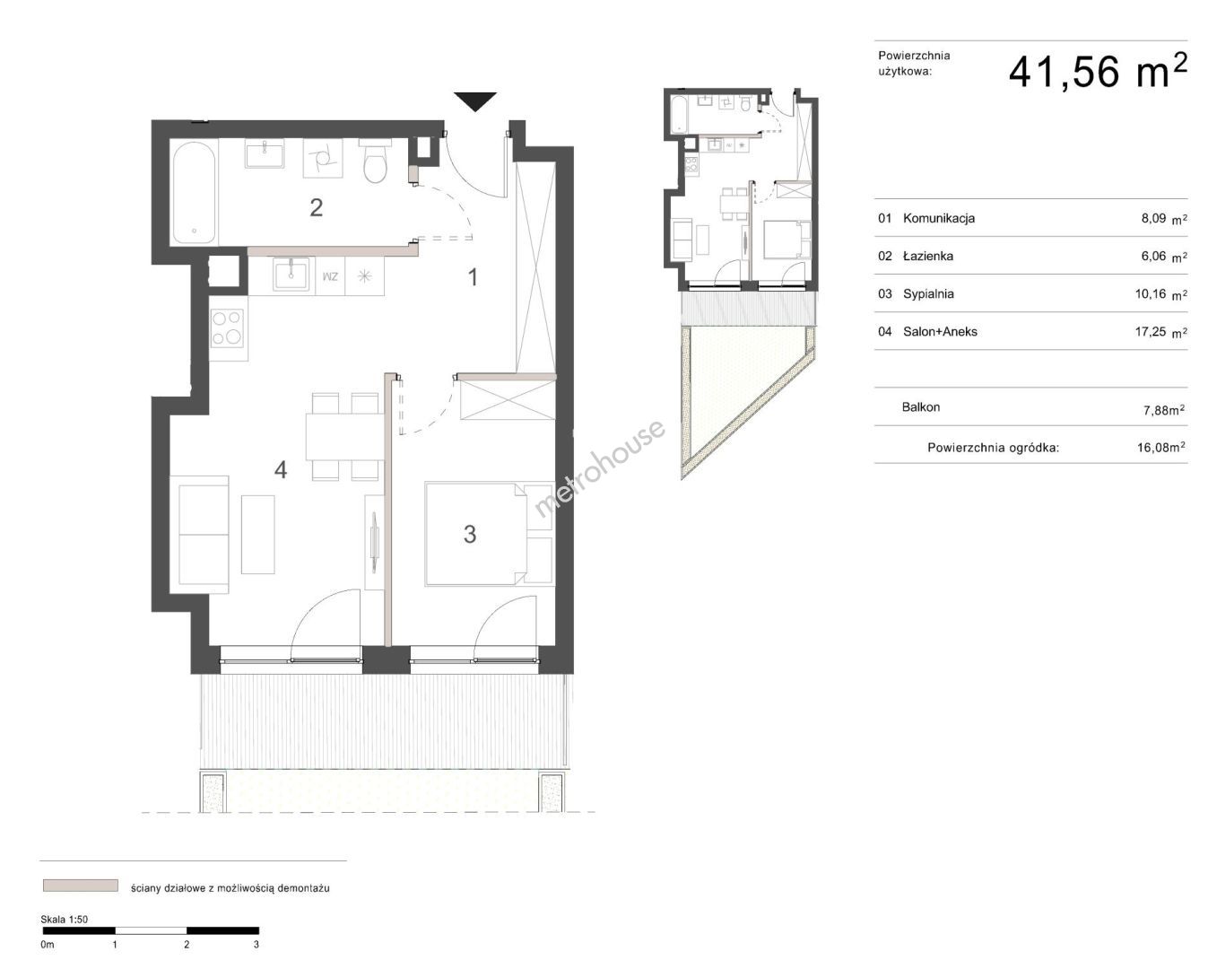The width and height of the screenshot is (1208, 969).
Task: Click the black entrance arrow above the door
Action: [x=475, y=100]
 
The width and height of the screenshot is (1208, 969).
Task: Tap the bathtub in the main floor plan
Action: [x=195, y=193]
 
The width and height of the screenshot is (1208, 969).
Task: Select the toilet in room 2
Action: [x=375, y=161]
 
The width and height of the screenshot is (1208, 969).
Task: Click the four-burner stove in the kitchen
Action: [x=228, y=327]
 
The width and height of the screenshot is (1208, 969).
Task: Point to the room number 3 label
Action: [x=470, y=534]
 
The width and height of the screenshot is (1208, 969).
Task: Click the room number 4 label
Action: [x=281, y=469]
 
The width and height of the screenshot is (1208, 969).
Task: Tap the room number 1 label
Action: [x=473, y=277]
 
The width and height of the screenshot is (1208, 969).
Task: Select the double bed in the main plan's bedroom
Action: [x=489, y=534]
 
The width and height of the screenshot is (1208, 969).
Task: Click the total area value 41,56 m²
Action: [x=1098, y=72]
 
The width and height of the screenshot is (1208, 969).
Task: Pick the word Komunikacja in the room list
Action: [x=939, y=219]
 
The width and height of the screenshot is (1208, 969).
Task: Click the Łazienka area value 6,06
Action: [x=1153, y=256]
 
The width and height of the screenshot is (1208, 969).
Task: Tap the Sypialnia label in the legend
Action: [x=928, y=293]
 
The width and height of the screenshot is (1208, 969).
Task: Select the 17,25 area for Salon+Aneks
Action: [x=1151, y=331]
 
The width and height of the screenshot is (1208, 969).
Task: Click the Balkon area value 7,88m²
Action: [x=1164, y=410]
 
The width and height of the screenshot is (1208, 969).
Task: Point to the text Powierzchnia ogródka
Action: [x=993, y=448]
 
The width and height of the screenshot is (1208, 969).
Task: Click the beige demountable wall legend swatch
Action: [x=81, y=886]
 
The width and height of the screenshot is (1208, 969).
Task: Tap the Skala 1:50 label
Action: [x=64, y=920]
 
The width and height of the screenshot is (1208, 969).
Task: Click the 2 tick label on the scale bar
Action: [x=187, y=944]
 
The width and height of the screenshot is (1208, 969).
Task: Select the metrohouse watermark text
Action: [x=599, y=467]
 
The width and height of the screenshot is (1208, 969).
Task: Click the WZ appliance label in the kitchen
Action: [x=330, y=276]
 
